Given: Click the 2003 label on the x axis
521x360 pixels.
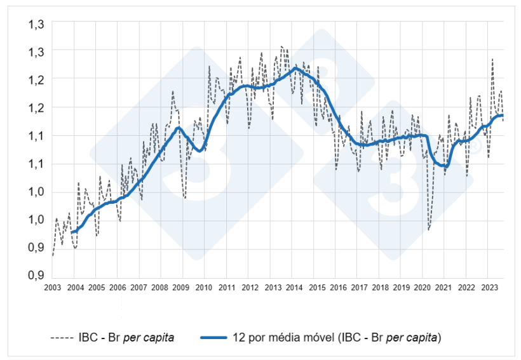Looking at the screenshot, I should (52, 288).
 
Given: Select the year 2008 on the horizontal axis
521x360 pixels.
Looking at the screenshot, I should (160, 288).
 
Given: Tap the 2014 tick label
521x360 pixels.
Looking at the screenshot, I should (294, 288).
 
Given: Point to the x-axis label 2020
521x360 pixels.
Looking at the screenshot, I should (423, 288).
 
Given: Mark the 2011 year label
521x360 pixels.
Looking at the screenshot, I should (227, 288).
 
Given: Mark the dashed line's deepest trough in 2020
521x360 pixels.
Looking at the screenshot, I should (428, 230).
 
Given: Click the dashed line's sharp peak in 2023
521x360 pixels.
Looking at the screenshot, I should (492, 59).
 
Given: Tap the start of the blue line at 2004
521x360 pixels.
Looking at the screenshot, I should (72, 232).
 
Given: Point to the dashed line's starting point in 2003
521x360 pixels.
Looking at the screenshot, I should (52, 256).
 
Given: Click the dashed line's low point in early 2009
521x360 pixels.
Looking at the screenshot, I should (185, 198).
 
